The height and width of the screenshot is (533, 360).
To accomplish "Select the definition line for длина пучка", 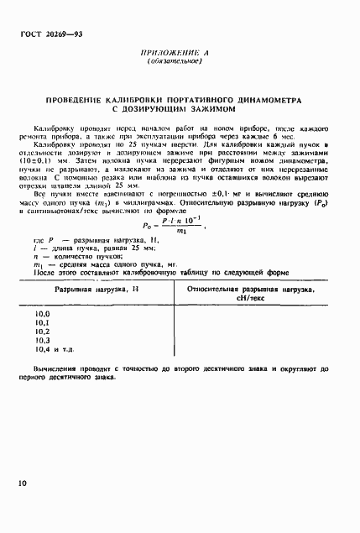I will tap(92, 248).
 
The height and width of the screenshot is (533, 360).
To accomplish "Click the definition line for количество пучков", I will tap(92, 257).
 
